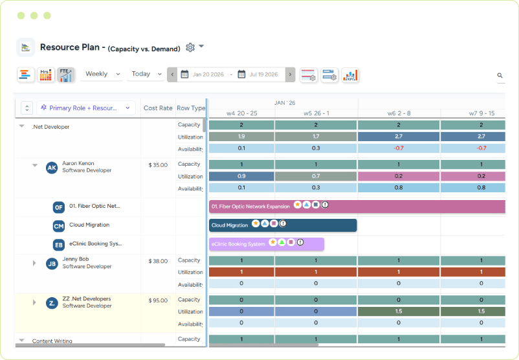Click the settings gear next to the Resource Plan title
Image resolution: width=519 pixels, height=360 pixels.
tap(190, 47)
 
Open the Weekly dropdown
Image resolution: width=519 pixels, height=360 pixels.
tap(102, 74)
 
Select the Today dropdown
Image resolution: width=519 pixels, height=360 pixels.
tap(146, 74)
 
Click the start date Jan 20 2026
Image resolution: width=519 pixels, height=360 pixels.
tap(208, 75)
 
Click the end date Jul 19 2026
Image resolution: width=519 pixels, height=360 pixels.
tap(263, 75)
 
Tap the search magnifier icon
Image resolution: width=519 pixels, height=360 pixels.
tap(500, 76)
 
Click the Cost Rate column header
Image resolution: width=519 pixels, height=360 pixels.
tap(158, 108)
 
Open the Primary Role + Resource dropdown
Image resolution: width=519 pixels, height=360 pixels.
tap(85, 108)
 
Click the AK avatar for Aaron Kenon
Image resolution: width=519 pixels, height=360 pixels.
tap(52, 168)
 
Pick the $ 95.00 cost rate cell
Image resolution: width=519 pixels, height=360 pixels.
tap(158, 300)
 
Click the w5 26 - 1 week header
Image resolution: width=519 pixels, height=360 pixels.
tap(316, 113)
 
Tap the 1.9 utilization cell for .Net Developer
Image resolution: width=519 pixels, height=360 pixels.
tap(241, 137)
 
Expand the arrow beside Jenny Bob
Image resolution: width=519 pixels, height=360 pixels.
tap(34, 263)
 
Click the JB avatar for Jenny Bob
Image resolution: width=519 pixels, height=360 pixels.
tap(52, 264)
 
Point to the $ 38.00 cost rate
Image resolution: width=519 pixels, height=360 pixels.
tap(158, 261)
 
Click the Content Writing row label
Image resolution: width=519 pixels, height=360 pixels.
tap(52, 341)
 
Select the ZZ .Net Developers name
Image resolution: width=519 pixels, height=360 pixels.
tap(86, 299)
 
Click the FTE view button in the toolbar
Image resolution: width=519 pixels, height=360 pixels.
tap(65, 75)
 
